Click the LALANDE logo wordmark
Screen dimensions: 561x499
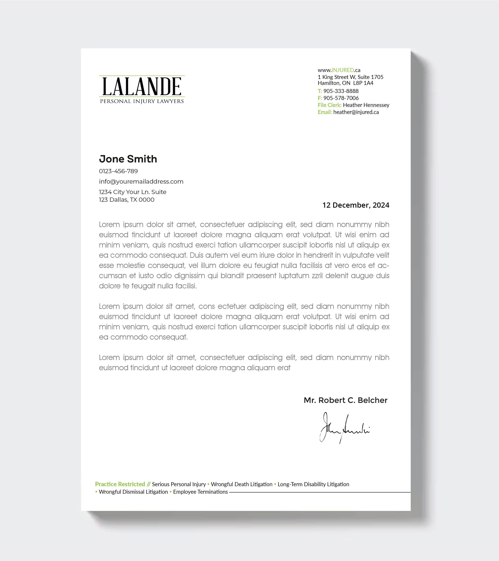pos(142,87)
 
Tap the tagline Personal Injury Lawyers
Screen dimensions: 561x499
pos(142,101)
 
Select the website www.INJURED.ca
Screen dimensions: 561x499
pos(339,70)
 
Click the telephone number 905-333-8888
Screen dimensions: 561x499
pos(341,91)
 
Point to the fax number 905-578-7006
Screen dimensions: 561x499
pos(341,98)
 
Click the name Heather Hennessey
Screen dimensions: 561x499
pos(366,105)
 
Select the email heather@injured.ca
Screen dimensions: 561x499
pos(356,112)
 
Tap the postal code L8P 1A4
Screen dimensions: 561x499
pos(363,83)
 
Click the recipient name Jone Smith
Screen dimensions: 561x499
pos(128,159)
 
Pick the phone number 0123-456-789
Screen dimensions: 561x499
pos(118,171)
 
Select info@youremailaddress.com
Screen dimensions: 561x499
pos(141,182)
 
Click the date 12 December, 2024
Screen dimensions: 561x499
pos(356,205)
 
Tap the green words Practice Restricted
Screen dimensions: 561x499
pos(120,484)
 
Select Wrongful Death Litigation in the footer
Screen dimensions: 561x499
pos(242,484)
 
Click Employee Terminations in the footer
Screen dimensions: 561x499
pos(200,492)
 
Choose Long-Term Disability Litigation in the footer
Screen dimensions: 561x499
pos(313,484)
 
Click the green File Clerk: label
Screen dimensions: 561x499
pos(329,105)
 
